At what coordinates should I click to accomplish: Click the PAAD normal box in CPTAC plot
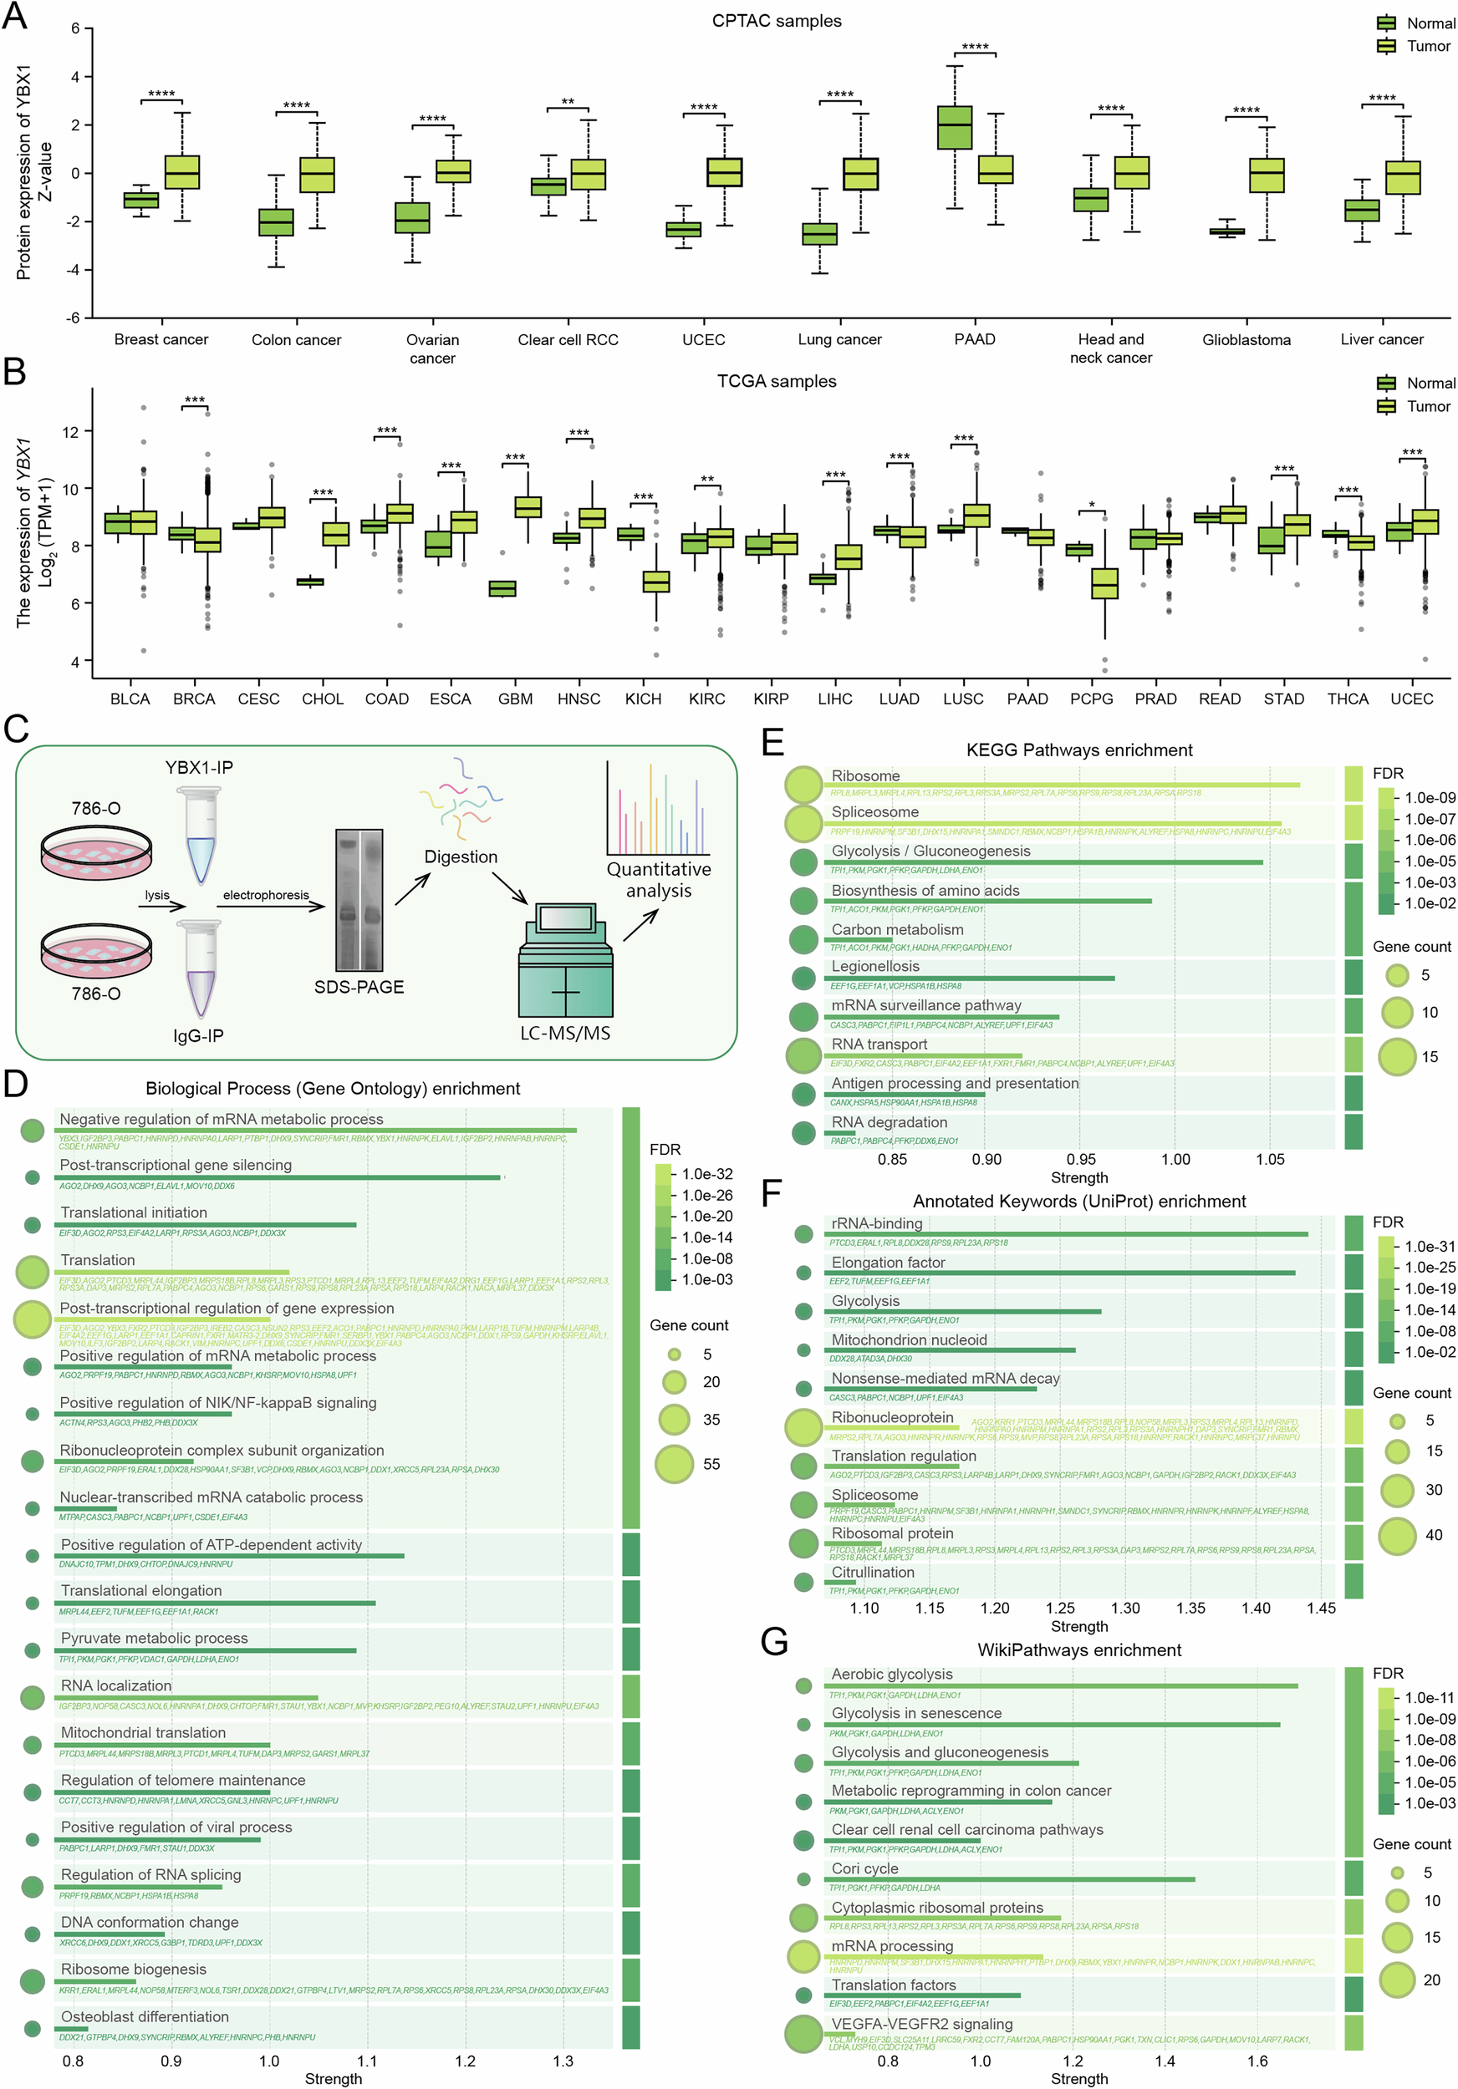pyautogui.click(x=955, y=127)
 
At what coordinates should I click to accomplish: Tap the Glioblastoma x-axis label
pyautogui.click(x=1246, y=339)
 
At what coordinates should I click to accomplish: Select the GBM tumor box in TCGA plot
pyautogui.click(x=528, y=506)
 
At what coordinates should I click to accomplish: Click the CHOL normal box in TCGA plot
pyautogui.click(x=310, y=582)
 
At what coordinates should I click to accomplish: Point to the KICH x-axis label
pyautogui.click(x=643, y=699)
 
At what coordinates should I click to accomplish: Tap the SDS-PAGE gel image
pyautogui.click(x=359, y=900)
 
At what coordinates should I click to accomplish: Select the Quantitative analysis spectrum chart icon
pyautogui.click(x=658, y=809)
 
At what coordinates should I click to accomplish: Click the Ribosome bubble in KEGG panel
pyautogui.click(x=803, y=785)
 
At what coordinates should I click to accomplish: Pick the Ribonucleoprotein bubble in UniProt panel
pyautogui.click(x=803, y=1426)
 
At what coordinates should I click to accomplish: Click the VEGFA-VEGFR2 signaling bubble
pyautogui.click(x=803, y=2034)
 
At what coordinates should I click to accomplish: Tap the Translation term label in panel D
pyautogui.click(x=97, y=1260)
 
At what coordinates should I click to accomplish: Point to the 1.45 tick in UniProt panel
pyautogui.click(x=1321, y=1608)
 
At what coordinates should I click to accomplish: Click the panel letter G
pyautogui.click(x=774, y=1642)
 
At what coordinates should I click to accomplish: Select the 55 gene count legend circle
pyautogui.click(x=675, y=1464)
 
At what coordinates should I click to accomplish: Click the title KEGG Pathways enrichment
pyautogui.click(x=1078, y=750)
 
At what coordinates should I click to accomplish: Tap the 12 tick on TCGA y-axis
pyautogui.click(x=70, y=431)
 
